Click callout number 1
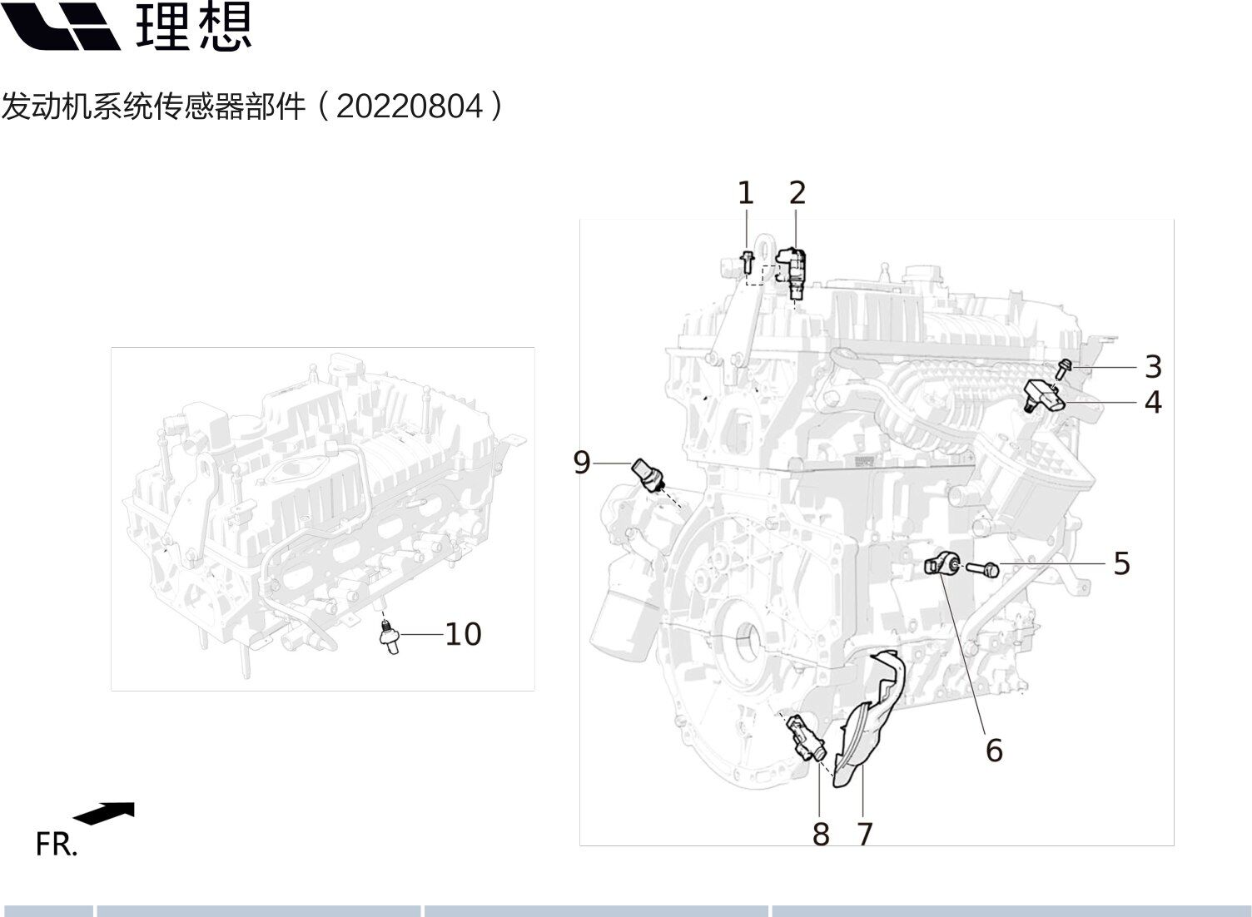pos(746,193)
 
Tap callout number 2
pos(797,192)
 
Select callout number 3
pos(1153,367)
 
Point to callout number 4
pos(1153,403)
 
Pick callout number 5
pos(1122,563)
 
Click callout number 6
pos(994,750)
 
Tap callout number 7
pos(865,835)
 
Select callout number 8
pos(821,835)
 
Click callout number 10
pos(463,634)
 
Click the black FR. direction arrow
pos(104,814)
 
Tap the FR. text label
pos(57,845)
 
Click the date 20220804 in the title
pos(410,106)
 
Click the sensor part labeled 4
pos(1045,396)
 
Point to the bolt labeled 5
pos(982,569)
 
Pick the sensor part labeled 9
pos(648,476)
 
